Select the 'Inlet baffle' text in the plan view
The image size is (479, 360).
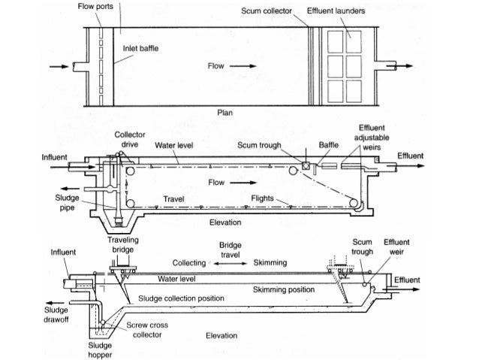[140, 47]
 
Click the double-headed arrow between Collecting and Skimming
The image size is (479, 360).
[230, 264]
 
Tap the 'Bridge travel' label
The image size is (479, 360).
[230, 250]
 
